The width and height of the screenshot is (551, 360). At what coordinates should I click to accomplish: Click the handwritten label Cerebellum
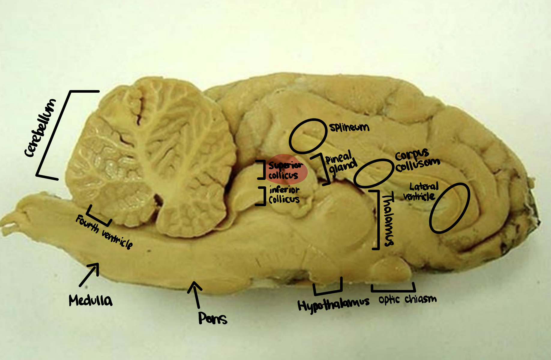(41, 128)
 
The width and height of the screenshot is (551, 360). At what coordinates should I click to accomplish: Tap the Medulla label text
(90, 300)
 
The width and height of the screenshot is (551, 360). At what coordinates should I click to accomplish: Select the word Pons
(212, 318)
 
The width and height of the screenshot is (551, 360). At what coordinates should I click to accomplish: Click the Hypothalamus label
(333, 305)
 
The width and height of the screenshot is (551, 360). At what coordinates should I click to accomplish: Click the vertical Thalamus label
(388, 220)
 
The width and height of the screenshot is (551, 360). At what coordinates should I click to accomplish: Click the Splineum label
(349, 127)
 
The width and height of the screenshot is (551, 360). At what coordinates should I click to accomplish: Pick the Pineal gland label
(341, 164)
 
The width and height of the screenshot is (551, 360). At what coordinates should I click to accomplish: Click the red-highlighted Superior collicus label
(285, 170)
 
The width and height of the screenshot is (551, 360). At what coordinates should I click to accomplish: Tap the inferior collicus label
(284, 195)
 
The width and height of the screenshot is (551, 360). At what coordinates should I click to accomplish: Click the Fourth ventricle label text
(104, 232)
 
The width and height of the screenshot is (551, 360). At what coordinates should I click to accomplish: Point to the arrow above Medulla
(89, 274)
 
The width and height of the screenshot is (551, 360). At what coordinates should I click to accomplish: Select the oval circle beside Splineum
(308, 136)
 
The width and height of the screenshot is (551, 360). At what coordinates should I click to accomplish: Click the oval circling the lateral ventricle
(449, 208)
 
